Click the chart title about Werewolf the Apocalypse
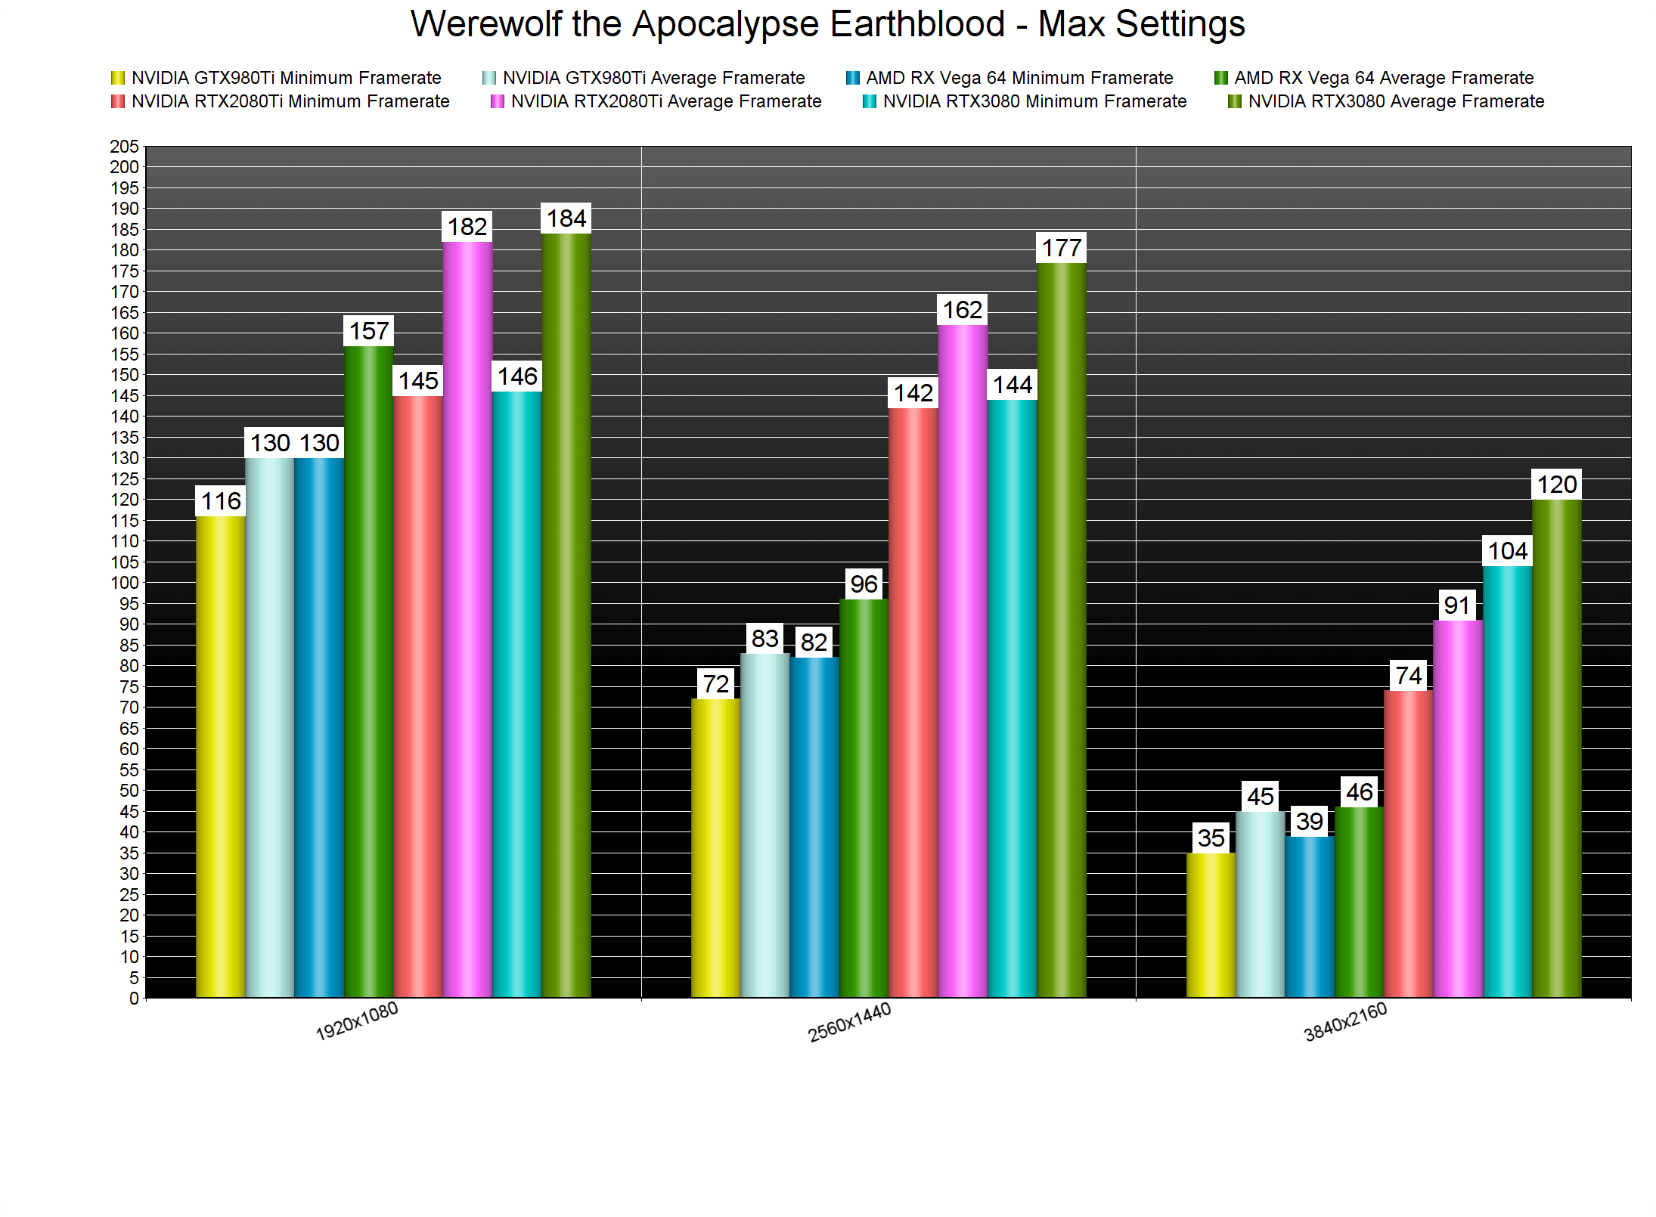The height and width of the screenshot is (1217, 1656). coord(827,24)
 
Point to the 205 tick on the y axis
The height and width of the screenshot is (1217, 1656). coord(125,146)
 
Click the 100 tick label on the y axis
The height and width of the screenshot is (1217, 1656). coord(125,583)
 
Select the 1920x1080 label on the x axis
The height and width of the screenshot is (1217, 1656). coord(356,1021)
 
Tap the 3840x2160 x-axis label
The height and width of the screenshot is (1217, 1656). coord(1345,1022)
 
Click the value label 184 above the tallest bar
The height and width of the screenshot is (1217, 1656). coord(566,218)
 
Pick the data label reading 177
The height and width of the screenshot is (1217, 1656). coord(1062,248)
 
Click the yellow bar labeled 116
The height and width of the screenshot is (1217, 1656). coord(220,756)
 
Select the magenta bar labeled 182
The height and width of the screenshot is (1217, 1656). coord(467,620)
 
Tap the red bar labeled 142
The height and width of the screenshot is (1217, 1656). coord(913,703)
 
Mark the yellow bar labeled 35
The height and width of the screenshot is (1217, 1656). coord(1211,925)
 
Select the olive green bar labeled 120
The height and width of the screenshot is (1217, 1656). coord(1556,748)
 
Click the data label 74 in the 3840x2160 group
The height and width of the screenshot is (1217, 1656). coord(1408,676)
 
